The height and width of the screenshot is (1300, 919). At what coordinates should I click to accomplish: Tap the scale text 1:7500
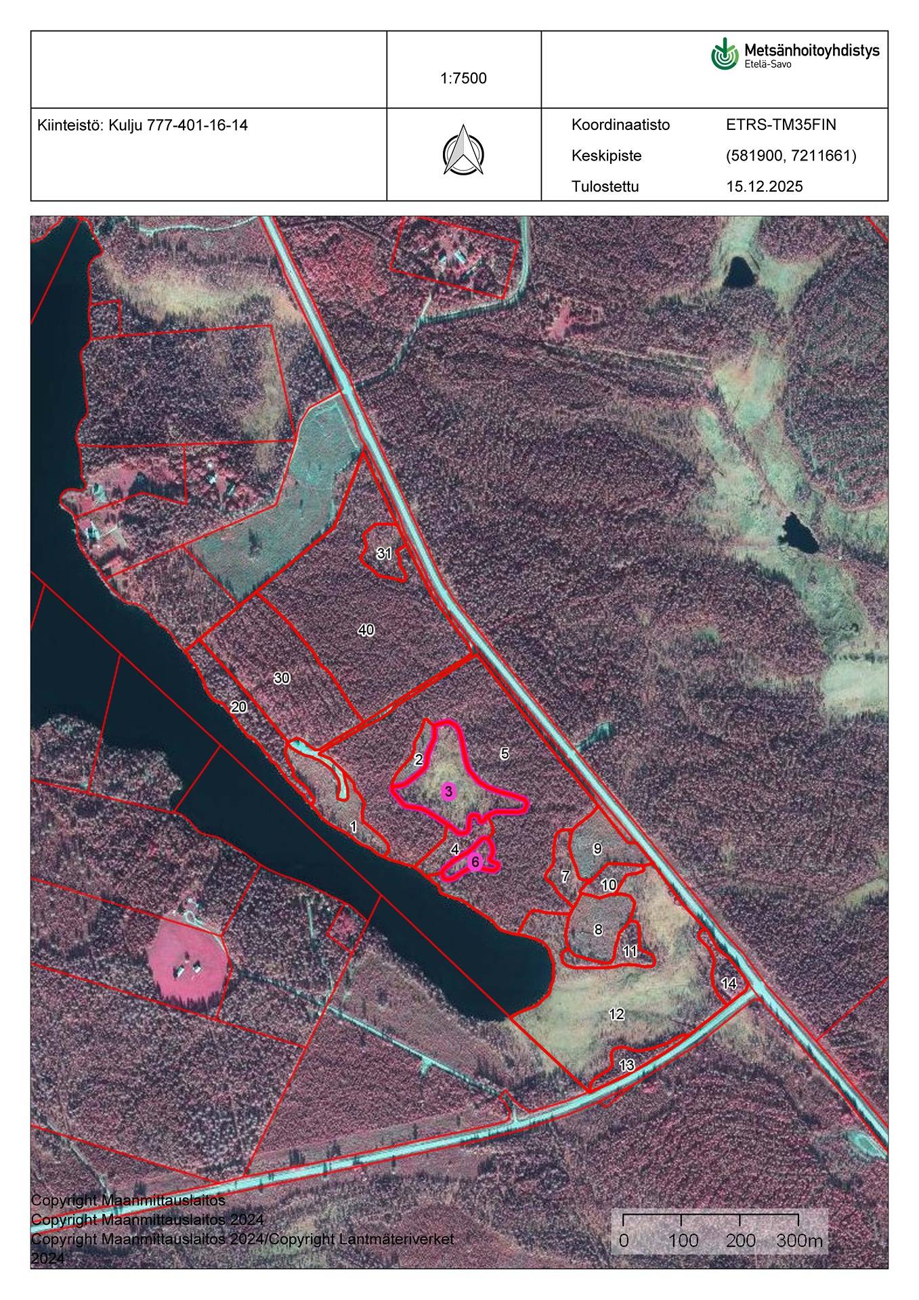click(x=463, y=78)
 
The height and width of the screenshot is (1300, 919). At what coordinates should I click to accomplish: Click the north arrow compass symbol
click(x=463, y=150)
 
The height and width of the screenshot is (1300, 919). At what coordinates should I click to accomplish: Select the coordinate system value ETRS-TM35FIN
click(x=781, y=125)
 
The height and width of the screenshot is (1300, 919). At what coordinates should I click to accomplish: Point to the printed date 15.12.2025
click(x=764, y=186)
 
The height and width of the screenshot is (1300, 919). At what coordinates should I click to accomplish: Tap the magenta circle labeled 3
click(x=448, y=792)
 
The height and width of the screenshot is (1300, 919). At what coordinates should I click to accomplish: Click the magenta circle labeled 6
click(x=475, y=862)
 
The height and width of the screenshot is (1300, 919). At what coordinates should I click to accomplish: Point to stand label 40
click(x=366, y=630)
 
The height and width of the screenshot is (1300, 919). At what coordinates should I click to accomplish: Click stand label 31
click(x=384, y=553)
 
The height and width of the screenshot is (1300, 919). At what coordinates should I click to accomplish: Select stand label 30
click(x=282, y=678)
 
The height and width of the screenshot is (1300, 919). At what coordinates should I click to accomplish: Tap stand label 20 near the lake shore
click(x=238, y=707)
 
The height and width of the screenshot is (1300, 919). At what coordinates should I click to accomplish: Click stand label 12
click(x=616, y=1014)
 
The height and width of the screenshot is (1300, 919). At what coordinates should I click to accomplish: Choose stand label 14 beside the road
click(x=729, y=984)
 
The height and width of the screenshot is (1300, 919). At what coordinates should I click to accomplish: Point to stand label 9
click(x=597, y=848)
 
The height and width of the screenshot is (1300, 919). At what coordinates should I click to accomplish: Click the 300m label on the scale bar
click(x=799, y=1240)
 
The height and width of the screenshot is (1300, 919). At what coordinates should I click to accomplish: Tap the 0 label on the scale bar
click(x=624, y=1240)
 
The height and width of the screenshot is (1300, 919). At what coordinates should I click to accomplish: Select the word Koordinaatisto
click(x=620, y=125)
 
